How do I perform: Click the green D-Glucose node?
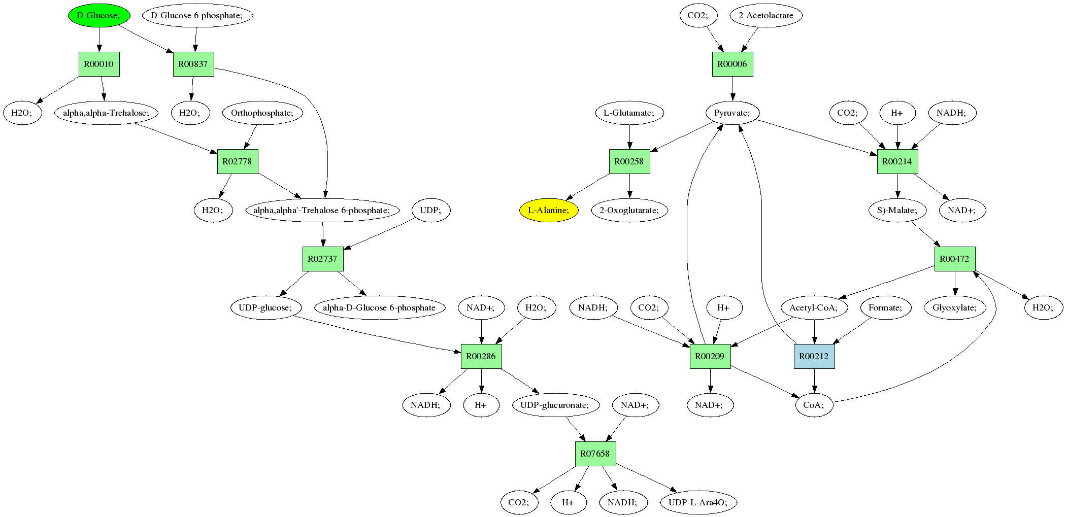click(99, 15)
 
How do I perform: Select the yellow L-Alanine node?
click(549, 210)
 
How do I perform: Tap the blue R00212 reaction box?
click(814, 356)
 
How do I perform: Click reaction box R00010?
click(99, 64)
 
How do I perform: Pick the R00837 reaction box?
click(193, 64)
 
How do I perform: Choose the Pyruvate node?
click(732, 113)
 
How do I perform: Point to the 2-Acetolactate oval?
click(765, 15)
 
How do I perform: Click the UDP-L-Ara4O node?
click(698, 502)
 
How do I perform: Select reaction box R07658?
click(595, 454)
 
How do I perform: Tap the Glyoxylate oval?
click(954, 307)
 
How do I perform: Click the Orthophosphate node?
click(262, 113)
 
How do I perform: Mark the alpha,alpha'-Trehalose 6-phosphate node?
click(322, 210)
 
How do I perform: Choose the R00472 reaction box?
click(954, 259)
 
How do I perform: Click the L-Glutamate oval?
click(629, 113)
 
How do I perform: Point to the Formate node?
click(885, 307)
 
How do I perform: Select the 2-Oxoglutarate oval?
click(629, 210)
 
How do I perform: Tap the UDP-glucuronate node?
click(555, 405)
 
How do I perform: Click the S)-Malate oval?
click(897, 210)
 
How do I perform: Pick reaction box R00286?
click(481, 356)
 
